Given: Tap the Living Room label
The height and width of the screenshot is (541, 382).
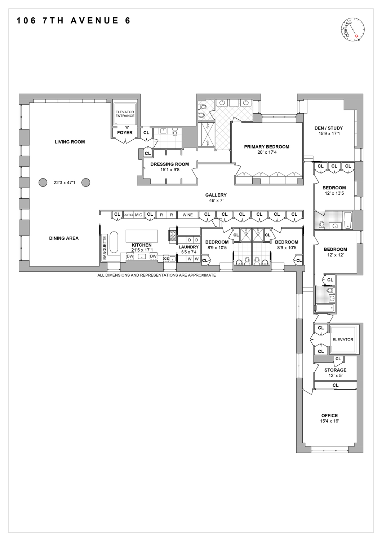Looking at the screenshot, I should (x=70, y=142).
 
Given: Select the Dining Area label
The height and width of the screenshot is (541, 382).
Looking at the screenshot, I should (x=64, y=238).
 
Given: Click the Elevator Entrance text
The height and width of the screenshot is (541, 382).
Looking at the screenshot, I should (x=125, y=114).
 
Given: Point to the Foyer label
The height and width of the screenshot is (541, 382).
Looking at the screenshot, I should (x=125, y=132).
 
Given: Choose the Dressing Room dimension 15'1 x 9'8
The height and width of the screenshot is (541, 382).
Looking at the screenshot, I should (x=170, y=170).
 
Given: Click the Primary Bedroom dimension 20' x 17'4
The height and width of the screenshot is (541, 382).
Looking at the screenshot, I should (x=267, y=152).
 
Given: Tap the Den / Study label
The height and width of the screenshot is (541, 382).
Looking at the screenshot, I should (x=328, y=128).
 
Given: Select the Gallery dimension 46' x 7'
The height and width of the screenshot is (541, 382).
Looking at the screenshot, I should (x=216, y=201).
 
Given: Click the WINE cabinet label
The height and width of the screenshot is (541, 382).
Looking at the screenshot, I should (x=188, y=215).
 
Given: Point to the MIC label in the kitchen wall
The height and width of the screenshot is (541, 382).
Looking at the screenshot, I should (x=139, y=215).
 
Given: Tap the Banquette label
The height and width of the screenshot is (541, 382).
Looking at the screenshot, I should (x=105, y=248).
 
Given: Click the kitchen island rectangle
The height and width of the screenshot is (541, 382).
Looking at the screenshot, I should (x=142, y=236).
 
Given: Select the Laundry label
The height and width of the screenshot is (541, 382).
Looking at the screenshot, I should (x=188, y=247).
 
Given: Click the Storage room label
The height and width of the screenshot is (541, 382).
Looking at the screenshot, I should (x=335, y=370).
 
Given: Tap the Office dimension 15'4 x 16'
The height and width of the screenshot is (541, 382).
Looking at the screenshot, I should (x=329, y=421).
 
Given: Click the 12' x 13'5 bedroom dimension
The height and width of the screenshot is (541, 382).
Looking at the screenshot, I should (x=334, y=193).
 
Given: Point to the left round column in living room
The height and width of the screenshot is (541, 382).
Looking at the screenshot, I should (x=43, y=182).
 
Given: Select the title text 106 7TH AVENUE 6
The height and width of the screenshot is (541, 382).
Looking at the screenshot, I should (x=74, y=21).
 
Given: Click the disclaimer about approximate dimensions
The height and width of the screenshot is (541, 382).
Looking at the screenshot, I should (x=156, y=275).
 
